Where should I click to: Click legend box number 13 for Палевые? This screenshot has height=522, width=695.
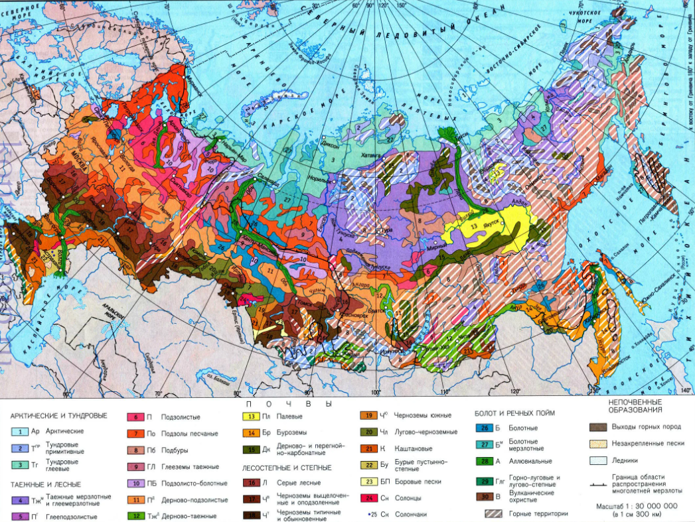point(250,417)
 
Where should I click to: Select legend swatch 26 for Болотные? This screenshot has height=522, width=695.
point(485,428)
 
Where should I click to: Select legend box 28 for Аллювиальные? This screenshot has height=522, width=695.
point(485,461)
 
